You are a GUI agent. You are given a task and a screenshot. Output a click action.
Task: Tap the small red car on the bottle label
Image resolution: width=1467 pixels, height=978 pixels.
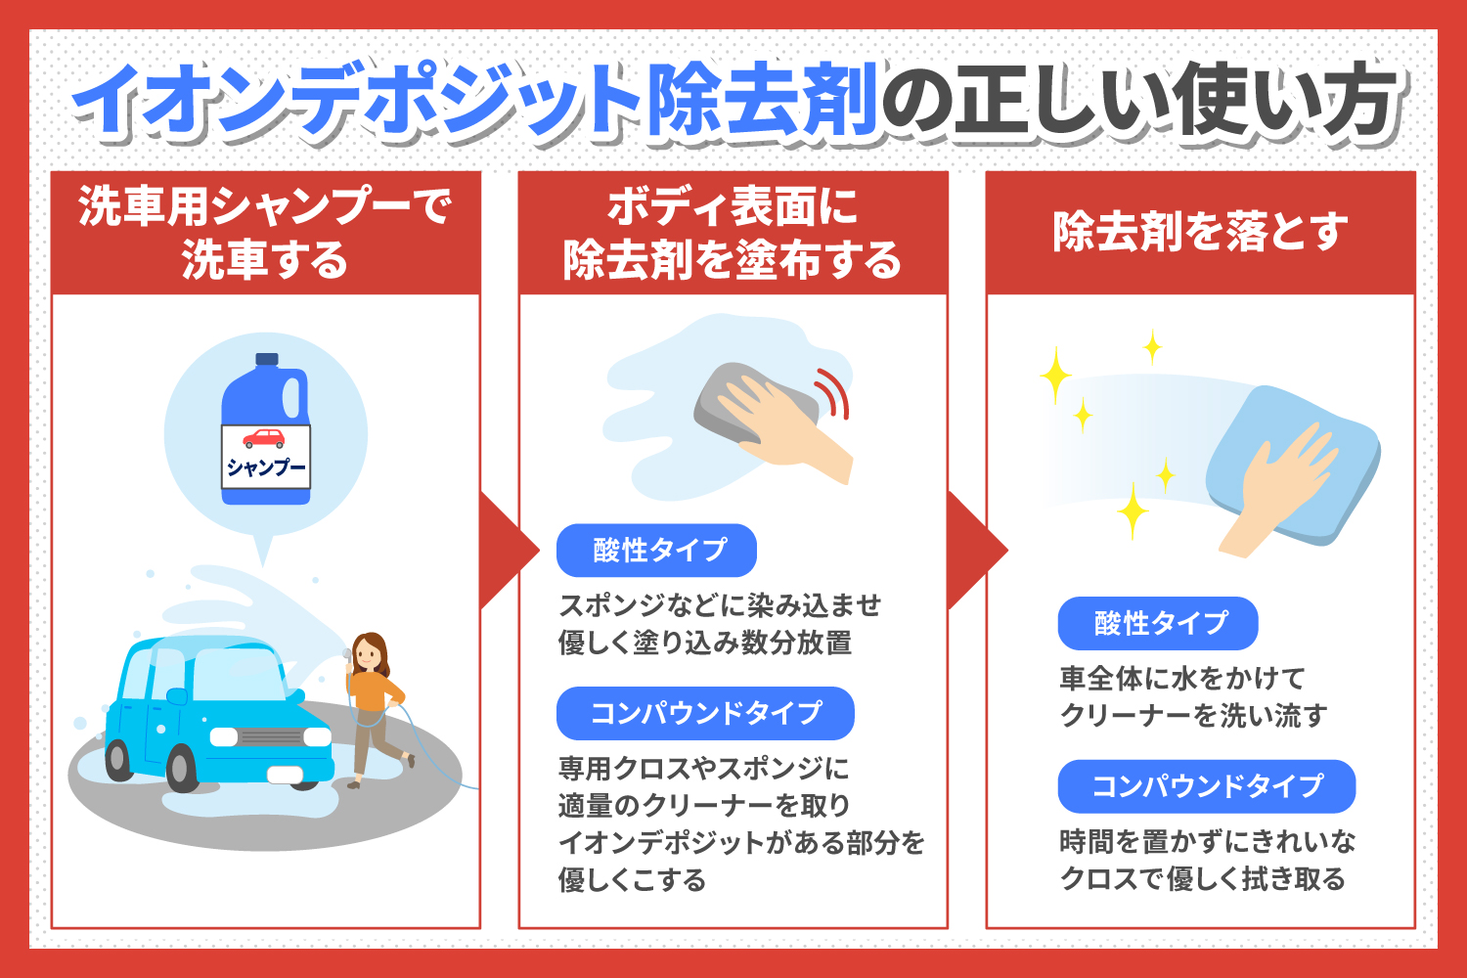click(x=264, y=439)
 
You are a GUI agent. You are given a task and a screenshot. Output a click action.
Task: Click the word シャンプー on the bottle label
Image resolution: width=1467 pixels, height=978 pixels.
click(x=266, y=467)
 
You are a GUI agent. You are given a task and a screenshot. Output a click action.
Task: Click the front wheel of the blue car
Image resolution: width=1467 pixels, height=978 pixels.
click(x=182, y=767)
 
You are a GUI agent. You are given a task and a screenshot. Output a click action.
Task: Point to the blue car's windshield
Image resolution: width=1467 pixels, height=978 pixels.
click(x=239, y=675)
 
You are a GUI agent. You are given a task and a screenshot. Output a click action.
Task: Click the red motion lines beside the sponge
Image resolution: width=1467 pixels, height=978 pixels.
click(x=833, y=393)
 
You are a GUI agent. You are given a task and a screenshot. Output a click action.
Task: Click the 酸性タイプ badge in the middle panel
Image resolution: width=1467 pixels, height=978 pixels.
click(x=656, y=551)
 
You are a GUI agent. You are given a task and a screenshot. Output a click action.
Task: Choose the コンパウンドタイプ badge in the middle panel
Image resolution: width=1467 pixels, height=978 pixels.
click(x=705, y=713)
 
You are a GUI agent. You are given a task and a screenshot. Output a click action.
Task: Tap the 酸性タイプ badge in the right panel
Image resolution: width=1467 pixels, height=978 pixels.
click(x=1158, y=623)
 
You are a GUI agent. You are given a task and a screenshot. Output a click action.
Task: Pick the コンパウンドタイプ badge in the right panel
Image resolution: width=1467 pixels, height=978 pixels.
click(x=1206, y=786)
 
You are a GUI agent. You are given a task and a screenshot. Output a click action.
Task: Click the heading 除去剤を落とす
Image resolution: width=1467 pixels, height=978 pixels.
click(x=1200, y=232)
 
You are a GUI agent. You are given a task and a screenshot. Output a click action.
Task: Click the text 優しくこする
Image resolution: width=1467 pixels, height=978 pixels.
click(x=632, y=879)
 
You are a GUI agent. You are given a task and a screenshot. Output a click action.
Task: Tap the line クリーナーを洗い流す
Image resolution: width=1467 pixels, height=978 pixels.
click(x=1193, y=715)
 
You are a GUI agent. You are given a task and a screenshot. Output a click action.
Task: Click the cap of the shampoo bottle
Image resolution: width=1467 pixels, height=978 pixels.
click(x=267, y=359)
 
